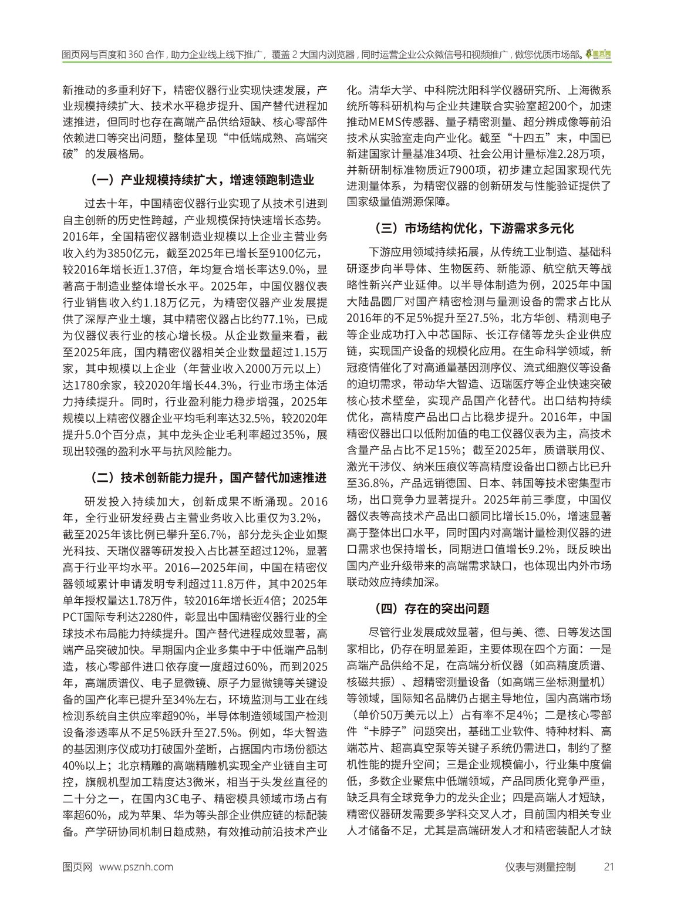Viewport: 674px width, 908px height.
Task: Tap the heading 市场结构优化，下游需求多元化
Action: click(473, 228)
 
